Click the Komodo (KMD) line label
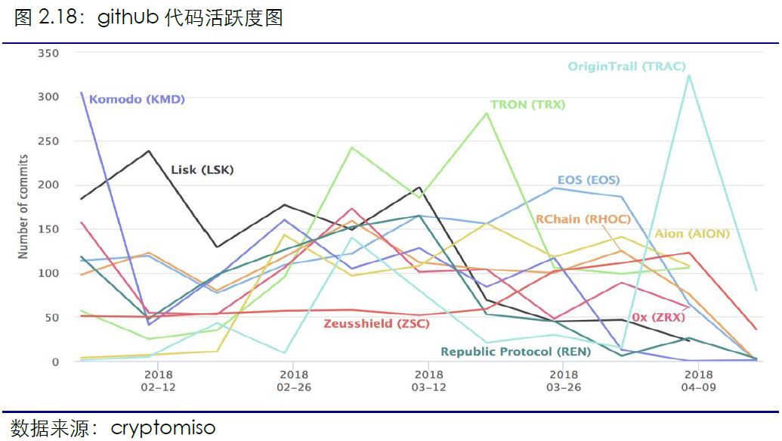pos(137,99)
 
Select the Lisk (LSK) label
pos(202,170)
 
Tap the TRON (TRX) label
pos(527,105)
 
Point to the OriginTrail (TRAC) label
pos(626,67)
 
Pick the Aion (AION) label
pos(692,234)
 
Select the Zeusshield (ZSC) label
pos(376,324)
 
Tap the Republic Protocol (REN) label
pos(515,352)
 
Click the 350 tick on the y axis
pos(48,53)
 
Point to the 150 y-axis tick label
pos(48,229)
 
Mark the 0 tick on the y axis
pos(55,362)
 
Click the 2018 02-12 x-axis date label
pos(158,380)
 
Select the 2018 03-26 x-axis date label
pos(563,380)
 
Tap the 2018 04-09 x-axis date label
pos(698,380)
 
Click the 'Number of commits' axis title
pos(23,207)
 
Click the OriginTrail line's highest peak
pos(688,75)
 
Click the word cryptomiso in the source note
pos(163,428)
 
